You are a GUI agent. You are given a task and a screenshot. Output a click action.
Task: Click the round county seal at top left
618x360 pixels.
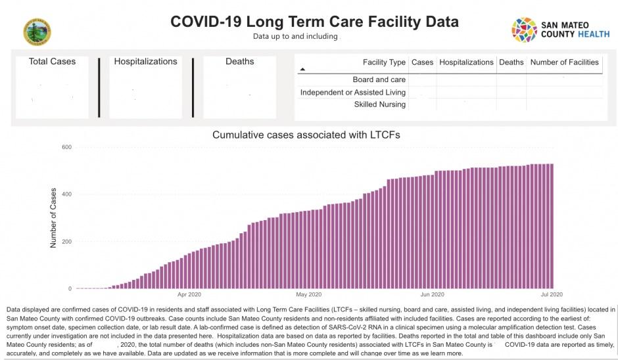pyautogui.click(x=37, y=32)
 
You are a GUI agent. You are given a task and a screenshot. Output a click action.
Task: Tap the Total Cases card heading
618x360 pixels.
pyautogui.click(x=52, y=62)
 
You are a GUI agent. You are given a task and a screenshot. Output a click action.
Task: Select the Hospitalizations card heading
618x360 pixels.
pyautogui.click(x=145, y=62)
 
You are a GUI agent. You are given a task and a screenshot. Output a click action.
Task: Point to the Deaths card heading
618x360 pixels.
pyautogui.click(x=239, y=62)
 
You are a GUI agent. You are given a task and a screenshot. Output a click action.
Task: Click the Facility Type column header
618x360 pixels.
pyautogui.click(x=384, y=62)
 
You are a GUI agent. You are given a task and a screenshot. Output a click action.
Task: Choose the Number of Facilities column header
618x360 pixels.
pyautogui.click(x=564, y=62)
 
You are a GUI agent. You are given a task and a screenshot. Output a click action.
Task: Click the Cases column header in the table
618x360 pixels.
pyautogui.click(x=422, y=62)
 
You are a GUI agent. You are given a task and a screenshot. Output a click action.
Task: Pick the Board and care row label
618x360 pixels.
pyautogui.click(x=379, y=80)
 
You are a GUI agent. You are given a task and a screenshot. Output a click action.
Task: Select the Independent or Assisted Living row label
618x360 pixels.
pyautogui.click(x=353, y=93)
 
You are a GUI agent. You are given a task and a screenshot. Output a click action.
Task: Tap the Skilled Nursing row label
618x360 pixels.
pyautogui.click(x=380, y=104)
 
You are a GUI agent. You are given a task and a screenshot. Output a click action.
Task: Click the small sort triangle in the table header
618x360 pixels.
pyautogui.click(x=302, y=69)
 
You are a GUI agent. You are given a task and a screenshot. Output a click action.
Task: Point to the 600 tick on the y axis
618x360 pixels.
pyautogui.click(x=66, y=146)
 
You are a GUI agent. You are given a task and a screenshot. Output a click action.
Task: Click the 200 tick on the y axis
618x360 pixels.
pyautogui.click(x=66, y=241)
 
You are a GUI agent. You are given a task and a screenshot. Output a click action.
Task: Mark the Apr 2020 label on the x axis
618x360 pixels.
pyautogui.click(x=189, y=294)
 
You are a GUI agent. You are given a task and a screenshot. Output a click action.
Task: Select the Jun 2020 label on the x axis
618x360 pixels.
pyautogui.click(x=432, y=294)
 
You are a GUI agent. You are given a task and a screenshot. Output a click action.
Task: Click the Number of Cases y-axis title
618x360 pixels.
pyautogui.click(x=54, y=218)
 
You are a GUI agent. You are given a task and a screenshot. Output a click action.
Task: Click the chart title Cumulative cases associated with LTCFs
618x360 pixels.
pyautogui.click(x=306, y=135)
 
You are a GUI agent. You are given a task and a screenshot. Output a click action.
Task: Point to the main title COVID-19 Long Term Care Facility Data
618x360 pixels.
pyautogui.click(x=314, y=22)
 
